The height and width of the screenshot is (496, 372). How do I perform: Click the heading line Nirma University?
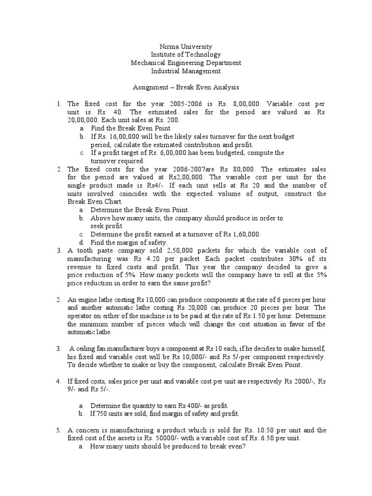coord(186,46)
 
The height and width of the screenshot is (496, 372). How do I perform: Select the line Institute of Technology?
coord(186,55)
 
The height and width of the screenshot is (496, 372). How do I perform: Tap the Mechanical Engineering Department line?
coord(186,63)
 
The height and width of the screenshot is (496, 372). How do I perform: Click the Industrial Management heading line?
coord(186,71)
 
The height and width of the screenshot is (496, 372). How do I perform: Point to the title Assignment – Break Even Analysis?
coord(186,88)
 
